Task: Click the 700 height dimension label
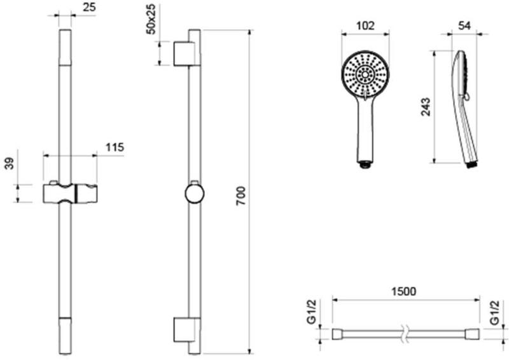click(x=241, y=195)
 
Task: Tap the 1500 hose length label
click(x=403, y=291)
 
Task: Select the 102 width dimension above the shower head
click(x=365, y=25)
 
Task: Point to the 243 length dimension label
click(x=425, y=106)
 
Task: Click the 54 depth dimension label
click(x=464, y=25)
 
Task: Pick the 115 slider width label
click(x=115, y=147)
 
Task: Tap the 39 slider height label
click(x=10, y=163)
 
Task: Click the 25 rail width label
click(x=89, y=7)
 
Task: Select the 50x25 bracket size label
click(x=151, y=19)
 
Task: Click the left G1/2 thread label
click(x=311, y=312)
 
